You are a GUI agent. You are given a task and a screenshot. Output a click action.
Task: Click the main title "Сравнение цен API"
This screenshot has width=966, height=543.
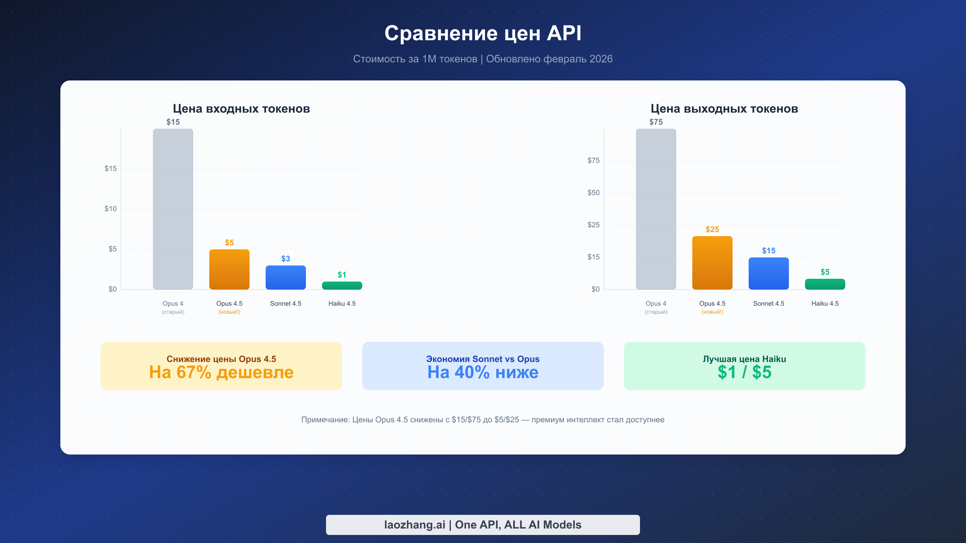(x=483, y=33)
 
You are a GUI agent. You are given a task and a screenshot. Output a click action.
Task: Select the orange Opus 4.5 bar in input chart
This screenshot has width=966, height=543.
(x=229, y=269)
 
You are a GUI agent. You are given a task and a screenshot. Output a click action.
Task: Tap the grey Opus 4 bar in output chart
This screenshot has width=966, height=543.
(x=656, y=209)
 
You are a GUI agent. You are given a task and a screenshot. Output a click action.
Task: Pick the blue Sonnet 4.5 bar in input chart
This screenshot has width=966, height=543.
(x=286, y=277)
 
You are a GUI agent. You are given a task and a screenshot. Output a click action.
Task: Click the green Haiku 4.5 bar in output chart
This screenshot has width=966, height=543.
(x=825, y=284)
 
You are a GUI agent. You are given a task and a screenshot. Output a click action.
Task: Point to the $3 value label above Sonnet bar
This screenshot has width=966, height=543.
(x=286, y=259)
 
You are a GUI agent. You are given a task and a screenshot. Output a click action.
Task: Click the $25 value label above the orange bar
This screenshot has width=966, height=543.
(x=712, y=229)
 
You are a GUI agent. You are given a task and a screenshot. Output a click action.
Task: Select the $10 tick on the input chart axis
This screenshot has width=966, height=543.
(x=111, y=209)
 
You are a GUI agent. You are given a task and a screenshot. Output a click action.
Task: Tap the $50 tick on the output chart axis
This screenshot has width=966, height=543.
(x=594, y=193)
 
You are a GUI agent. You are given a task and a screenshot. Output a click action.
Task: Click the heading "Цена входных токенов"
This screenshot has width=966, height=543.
(x=242, y=109)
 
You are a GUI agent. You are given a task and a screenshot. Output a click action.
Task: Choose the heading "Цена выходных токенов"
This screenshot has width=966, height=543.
(x=724, y=109)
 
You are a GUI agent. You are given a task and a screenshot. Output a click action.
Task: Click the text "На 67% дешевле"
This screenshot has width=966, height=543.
(x=221, y=372)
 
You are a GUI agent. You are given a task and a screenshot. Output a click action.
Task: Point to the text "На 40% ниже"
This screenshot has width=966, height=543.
(x=483, y=372)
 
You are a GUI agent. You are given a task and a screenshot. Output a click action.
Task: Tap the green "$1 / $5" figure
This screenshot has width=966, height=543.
(x=745, y=372)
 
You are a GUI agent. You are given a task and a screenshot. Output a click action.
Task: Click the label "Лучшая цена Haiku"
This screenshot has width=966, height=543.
(x=745, y=359)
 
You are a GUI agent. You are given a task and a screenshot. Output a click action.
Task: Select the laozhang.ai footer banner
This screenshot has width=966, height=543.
(x=483, y=524)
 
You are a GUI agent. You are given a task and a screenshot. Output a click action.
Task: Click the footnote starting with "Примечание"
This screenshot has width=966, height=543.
(x=483, y=420)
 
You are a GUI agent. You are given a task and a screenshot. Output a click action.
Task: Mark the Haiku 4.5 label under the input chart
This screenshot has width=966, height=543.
(x=342, y=304)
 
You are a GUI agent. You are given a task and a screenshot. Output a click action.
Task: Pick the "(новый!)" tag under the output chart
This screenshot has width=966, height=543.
(x=712, y=312)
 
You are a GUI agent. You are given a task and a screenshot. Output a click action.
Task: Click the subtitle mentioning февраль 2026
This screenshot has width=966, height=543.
(x=483, y=59)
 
